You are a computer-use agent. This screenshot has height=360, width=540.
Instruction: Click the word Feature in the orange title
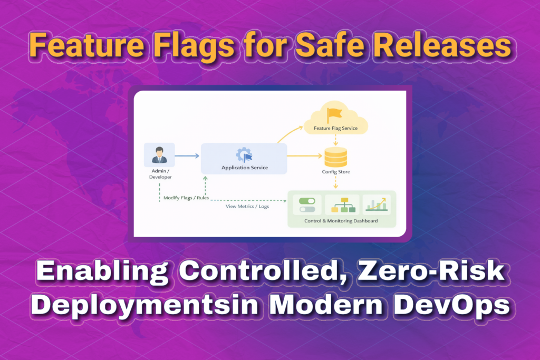tap(86, 45)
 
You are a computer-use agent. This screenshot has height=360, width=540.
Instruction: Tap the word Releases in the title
tap(442, 45)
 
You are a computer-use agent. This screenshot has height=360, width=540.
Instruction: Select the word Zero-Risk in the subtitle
tap(431, 270)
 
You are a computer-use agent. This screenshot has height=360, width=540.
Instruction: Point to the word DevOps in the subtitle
tap(452, 305)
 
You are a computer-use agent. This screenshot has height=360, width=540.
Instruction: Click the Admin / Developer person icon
tap(159, 155)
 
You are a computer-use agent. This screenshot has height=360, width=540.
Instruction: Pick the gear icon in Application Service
tap(244, 155)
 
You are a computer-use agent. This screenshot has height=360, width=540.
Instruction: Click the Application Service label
tap(245, 168)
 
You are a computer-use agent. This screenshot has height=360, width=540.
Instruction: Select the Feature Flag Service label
tap(335, 129)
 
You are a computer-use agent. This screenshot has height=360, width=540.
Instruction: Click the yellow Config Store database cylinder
tap(336, 157)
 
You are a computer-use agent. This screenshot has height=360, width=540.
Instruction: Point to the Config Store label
tap(336, 172)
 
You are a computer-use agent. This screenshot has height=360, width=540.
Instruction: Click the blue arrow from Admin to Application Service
tap(187, 156)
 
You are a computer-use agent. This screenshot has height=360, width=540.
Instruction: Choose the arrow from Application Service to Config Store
tap(305, 156)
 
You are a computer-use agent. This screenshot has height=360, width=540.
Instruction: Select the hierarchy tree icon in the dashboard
tap(343, 205)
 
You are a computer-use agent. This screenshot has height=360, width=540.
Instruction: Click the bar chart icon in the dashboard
tap(377, 204)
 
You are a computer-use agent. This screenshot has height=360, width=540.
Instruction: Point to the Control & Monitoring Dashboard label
tap(341, 221)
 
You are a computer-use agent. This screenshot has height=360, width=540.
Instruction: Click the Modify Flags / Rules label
tap(186, 198)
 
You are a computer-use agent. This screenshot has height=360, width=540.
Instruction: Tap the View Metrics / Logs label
tap(247, 207)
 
